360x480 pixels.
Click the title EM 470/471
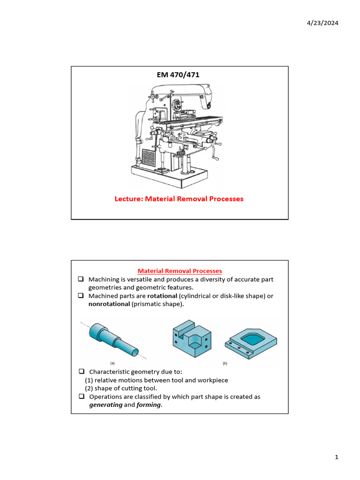click(180, 74)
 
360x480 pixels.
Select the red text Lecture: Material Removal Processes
click(179, 199)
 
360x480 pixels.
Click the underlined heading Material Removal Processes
click(180, 271)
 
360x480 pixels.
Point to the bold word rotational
click(162, 296)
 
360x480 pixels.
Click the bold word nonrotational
click(109, 304)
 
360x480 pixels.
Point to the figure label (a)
click(112, 363)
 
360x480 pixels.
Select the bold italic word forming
click(149, 405)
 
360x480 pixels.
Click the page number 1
click(337, 457)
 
